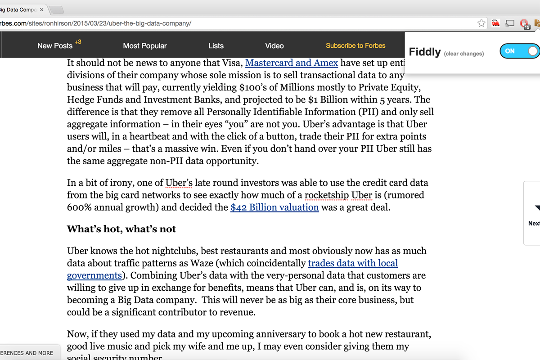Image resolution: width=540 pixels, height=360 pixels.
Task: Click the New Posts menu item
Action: (54, 45)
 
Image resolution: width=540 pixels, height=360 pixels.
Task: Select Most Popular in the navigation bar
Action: (144, 45)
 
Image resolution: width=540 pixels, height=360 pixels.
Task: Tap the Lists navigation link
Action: (216, 45)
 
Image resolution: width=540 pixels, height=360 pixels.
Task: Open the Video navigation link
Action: (274, 45)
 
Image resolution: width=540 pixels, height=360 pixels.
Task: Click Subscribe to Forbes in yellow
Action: (355, 45)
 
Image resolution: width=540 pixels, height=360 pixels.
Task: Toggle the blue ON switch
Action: (519, 51)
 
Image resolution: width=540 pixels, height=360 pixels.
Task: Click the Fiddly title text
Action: (424, 52)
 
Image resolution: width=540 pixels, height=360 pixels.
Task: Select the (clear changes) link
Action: (463, 54)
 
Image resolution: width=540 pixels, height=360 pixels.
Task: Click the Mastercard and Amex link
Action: (292, 63)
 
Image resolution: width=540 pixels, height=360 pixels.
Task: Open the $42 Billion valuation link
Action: (274, 207)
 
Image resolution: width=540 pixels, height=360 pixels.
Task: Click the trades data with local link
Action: (353, 263)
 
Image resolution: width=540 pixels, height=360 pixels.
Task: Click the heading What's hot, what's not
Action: (121, 229)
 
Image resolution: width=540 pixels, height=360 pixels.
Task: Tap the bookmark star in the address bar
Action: (481, 23)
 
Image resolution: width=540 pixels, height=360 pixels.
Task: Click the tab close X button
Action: (41, 9)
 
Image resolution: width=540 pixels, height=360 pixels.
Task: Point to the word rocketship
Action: (327, 195)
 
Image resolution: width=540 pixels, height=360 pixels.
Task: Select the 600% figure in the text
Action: (79, 207)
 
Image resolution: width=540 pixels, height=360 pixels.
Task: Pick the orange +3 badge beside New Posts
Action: (78, 42)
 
